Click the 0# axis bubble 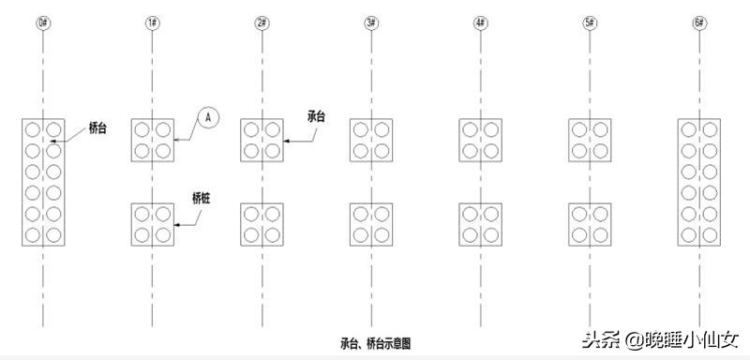[43, 20]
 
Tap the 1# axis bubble [152, 20]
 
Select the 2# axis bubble [262, 20]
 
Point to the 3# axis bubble [370, 20]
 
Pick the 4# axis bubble [480, 20]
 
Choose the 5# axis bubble [590, 20]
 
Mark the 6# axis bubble [699, 20]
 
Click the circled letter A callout [209, 117]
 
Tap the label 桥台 [97, 128]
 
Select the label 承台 [316, 116]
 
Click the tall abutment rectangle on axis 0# [43, 183]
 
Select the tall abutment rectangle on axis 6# [699, 183]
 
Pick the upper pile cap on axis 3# [370, 140]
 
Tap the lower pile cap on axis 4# [480, 224]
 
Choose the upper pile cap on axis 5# [590, 140]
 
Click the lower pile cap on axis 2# [262, 224]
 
